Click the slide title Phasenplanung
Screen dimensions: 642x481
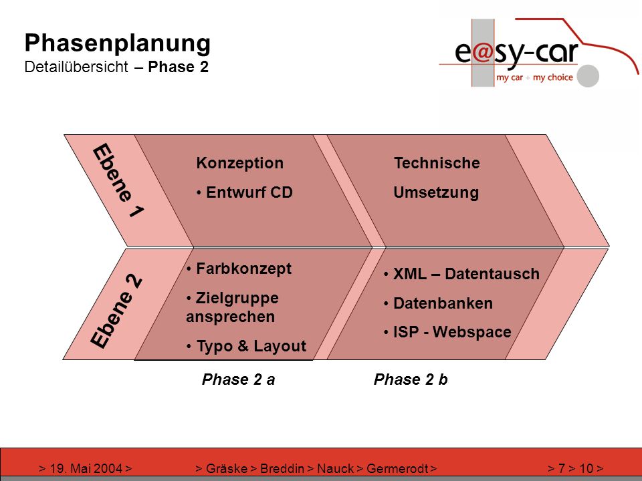118,43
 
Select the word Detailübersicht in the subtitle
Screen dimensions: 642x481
76,67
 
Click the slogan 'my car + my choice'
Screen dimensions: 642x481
534,77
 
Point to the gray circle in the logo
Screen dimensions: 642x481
588,75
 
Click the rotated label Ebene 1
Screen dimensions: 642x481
118,180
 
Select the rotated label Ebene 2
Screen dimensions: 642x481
116,311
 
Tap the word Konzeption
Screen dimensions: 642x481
239,163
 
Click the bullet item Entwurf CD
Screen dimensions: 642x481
245,192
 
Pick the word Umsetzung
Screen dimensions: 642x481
436,192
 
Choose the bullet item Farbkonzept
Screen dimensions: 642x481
239,269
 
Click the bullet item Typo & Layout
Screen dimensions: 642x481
246,346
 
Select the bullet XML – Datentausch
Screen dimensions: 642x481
462,274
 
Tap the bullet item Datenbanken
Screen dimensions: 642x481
439,303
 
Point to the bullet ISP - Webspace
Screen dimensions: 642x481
447,332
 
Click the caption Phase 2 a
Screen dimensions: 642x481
238,379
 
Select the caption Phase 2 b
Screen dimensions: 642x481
411,379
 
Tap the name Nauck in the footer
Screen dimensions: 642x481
335,468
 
